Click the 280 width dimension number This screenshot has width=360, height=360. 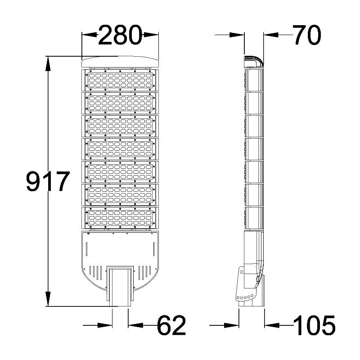coord(120,36)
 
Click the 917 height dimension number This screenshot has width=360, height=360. coord(48,182)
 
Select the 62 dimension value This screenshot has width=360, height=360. coord(171,325)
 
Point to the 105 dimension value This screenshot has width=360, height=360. coord(314,325)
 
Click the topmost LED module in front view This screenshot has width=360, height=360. coord(120,80)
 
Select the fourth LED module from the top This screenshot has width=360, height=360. coord(120,149)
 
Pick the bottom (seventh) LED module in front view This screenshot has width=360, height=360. coord(120,218)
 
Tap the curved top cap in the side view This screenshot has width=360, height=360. coord(253,61)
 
